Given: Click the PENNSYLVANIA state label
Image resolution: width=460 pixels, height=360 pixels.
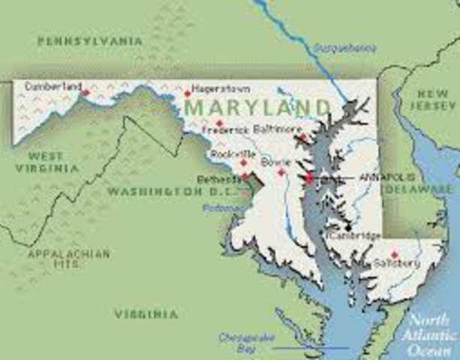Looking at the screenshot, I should point(89,41).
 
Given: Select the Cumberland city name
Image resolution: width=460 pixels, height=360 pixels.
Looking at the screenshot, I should point(53,86).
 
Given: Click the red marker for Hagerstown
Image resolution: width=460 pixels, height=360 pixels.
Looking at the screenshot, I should point(188,94).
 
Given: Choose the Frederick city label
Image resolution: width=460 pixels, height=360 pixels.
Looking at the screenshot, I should point(226,130).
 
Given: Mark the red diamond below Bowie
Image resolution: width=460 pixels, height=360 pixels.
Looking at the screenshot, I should point(281,172).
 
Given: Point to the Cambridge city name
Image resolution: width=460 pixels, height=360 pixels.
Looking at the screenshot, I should point(354,236).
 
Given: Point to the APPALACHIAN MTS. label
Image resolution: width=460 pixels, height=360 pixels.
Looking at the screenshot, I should point(68,259).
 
